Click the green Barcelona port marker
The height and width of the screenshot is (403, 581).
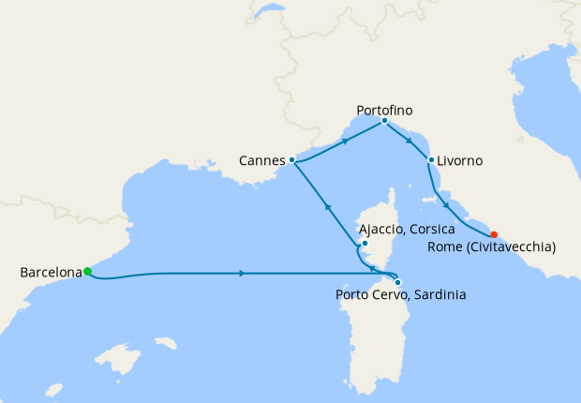pyautogui.click(x=87, y=272)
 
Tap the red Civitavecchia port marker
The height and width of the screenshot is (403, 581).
pyautogui.click(x=494, y=234)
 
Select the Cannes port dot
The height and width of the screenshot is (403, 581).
pyautogui.click(x=292, y=160)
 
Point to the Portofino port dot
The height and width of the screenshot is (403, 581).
pyautogui.click(x=384, y=120)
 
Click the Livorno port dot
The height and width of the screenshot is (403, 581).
pyautogui.click(x=430, y=160)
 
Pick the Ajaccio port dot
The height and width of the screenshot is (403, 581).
pyautogui.click(x=365, y=246)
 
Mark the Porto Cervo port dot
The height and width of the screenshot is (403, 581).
pyautogui.click(x=398, y=281)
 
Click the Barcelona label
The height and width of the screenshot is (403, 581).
pyautogui.click(x=51, y=273)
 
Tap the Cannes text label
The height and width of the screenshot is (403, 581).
pyautogui.click(x=262, y=161)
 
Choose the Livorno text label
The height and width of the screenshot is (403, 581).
pyautogui.click(x=460, y=161)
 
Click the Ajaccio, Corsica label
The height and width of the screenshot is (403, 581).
pyautogui.click(x=408, y=229)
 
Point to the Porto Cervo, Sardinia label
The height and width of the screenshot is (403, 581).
pyautogui.click(x=401, y=295)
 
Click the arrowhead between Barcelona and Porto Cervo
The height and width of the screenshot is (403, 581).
pyautogui.click(x=243, y=273)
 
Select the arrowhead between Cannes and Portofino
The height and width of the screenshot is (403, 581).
pyautogui.click(x=346, y=141)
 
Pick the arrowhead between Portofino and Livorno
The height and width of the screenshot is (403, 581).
pyautogui.click(x=409, y=141)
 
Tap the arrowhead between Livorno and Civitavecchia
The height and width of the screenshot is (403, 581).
pyautogui.click(x=447, y=205)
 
